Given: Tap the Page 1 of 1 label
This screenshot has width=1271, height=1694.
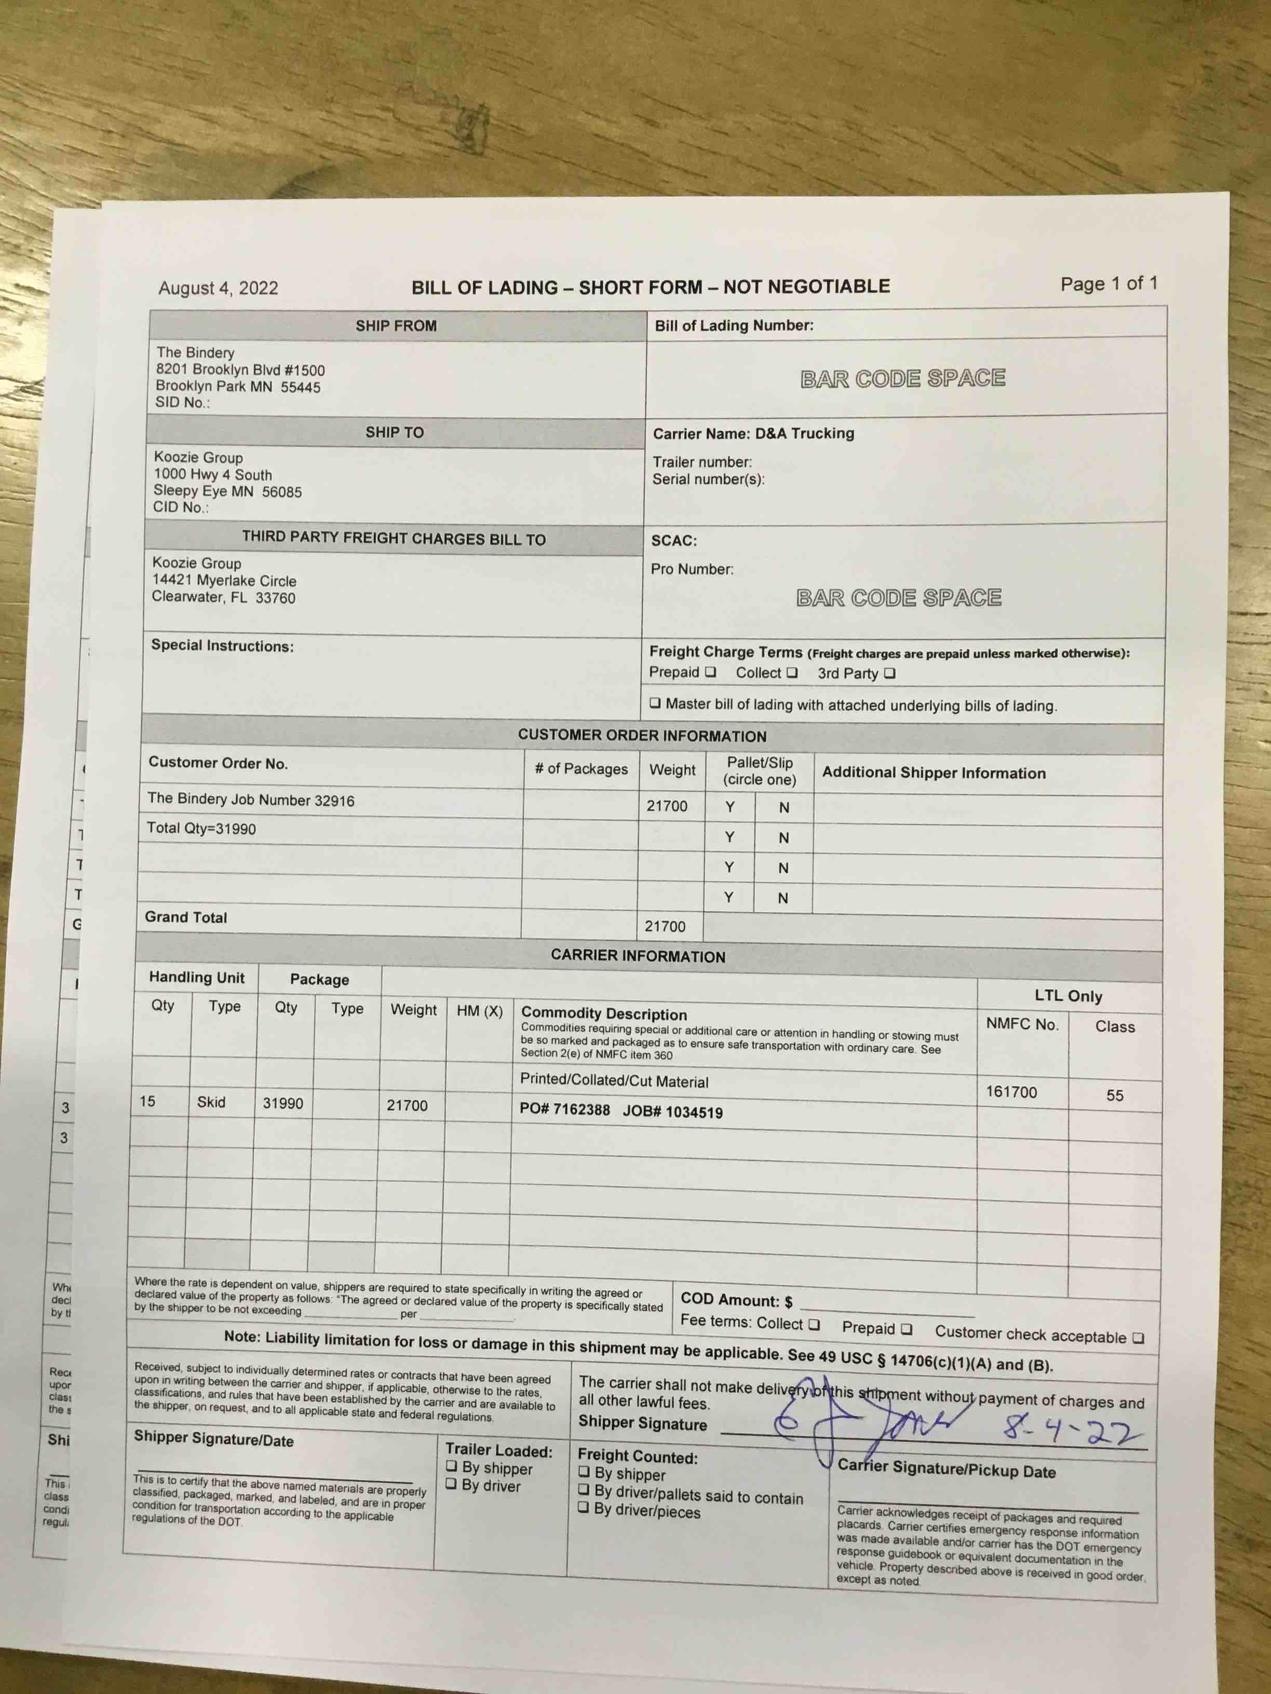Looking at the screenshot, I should click(x=1108, y=284).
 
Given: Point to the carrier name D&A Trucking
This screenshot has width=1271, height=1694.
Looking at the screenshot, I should click(x=804, y=433).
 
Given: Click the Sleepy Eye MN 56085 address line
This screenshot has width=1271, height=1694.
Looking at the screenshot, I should click(x=227, y=491).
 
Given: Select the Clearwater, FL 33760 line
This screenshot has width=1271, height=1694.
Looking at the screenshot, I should click(x=223, y=597).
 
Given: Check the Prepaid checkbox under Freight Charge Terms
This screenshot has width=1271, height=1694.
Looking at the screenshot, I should click(x=710, y=672).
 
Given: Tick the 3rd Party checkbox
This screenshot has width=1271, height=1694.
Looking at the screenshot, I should click(x=889, y=673).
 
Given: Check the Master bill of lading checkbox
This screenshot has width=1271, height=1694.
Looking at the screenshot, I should click(x=655, y=703).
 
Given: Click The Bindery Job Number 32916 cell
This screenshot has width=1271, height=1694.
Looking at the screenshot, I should click(x=251, y=800).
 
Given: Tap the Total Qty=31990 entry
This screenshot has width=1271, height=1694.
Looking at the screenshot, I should click(x=201, y=829).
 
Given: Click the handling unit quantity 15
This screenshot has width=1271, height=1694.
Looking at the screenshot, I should click(x=147, y=1101).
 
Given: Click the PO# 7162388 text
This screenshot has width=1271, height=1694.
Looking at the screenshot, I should click(x=565, y=1110).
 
